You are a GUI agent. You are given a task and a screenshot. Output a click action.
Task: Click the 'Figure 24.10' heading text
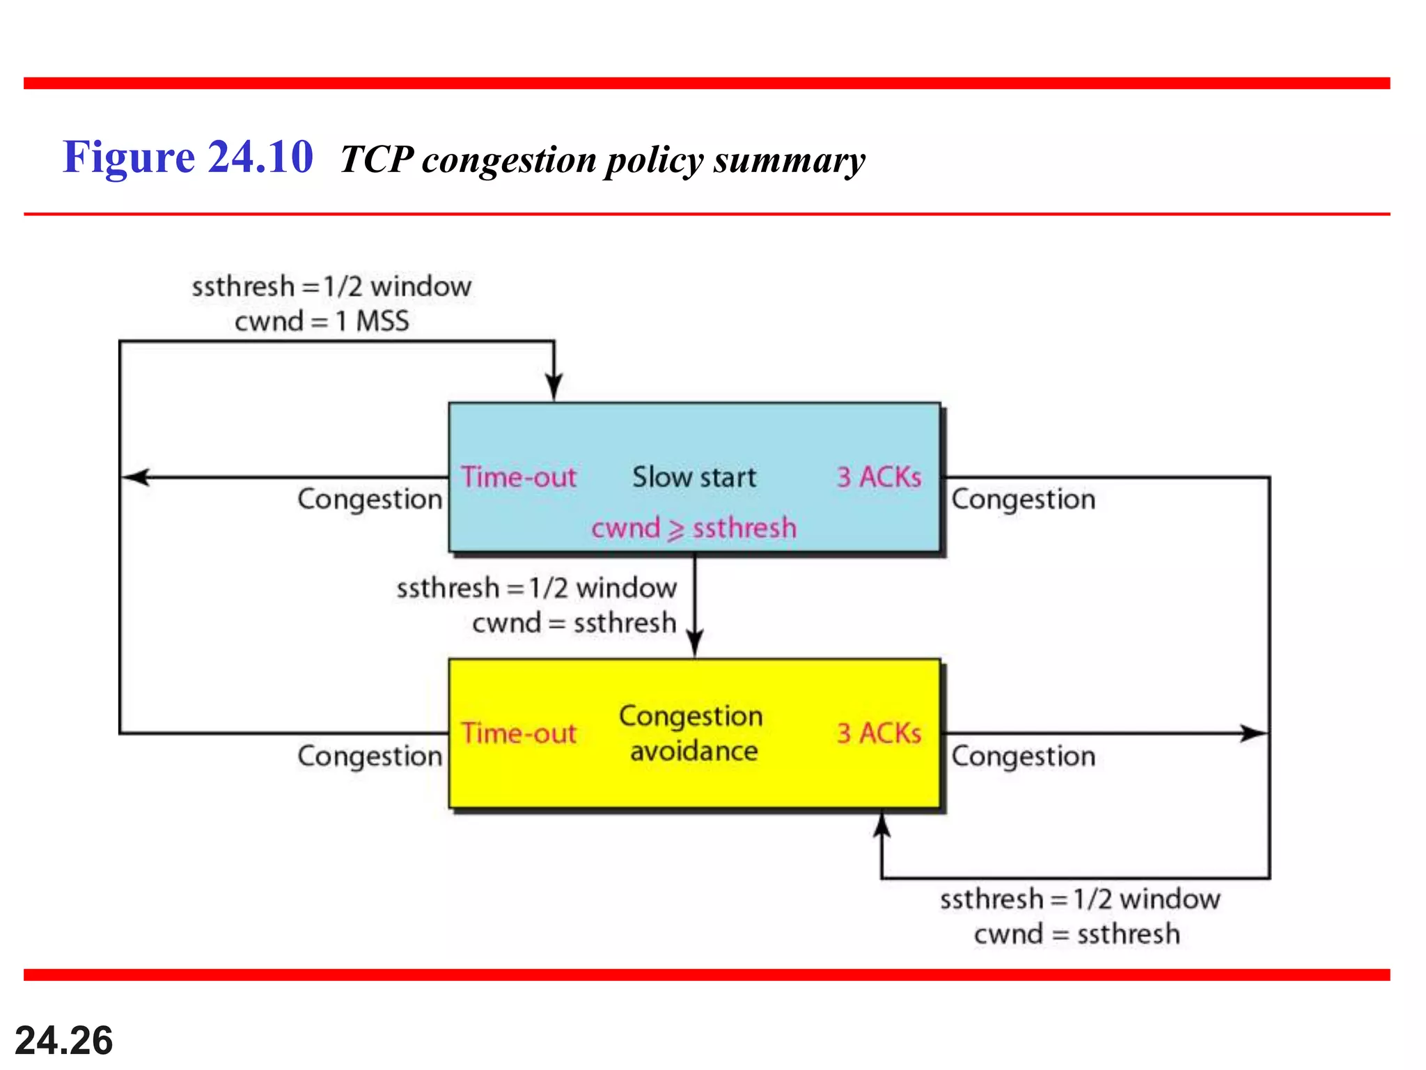pos(188,157)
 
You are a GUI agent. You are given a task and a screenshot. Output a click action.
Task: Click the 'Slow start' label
pos(694,478)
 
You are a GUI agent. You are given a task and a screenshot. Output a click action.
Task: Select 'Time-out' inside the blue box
pos(519,478)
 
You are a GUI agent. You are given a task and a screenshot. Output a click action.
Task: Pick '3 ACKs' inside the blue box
pos(879,478)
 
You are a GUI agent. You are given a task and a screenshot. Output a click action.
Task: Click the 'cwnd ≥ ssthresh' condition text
pos(694,528)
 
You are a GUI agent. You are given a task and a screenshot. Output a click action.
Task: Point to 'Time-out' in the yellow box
pos(519,734)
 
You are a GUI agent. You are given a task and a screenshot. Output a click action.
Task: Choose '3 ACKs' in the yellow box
pos(879,734)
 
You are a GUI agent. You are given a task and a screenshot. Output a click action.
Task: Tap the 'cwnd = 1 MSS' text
pos(322,322)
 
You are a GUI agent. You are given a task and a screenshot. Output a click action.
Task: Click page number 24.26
pos(64,1041)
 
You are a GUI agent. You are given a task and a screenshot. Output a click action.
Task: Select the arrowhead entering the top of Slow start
pos(554,387)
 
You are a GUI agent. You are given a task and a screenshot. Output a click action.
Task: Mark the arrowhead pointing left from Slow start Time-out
pos(135,477)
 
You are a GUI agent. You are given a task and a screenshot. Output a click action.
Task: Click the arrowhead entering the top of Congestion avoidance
pos(695,642)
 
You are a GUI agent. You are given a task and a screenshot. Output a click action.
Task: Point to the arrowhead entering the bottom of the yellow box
pos(882,826)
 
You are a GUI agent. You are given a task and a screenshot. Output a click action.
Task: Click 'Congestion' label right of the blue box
pos(1023,499)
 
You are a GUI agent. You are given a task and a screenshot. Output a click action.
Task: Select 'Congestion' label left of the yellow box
pos(370,757)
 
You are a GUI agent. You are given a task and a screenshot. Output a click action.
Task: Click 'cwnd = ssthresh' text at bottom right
pos(1076,934)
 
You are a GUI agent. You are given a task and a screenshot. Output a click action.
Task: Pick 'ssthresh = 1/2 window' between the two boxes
pos(536,589)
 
